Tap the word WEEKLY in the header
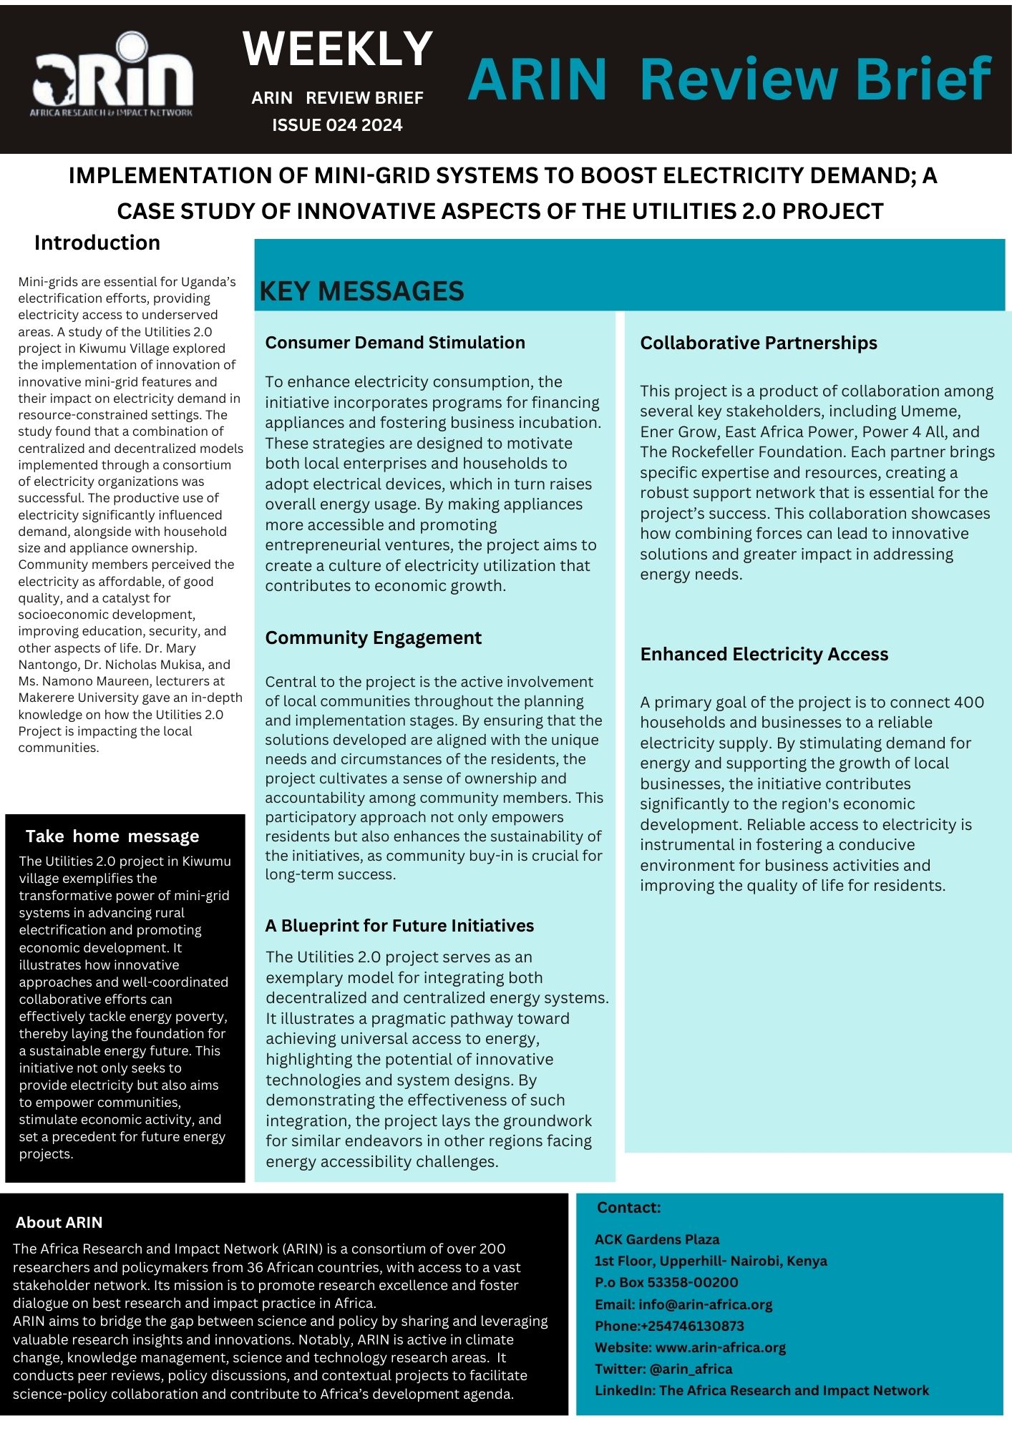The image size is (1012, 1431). coord(338,49)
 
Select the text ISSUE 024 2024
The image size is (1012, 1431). coord(337,125)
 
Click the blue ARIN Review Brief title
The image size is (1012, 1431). coord(729,79)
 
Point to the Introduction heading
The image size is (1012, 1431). coord(97,243)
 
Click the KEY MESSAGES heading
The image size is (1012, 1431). coord(361,291)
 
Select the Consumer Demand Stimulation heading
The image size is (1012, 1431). coord(395,343)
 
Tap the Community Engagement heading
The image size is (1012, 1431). coord(373,638)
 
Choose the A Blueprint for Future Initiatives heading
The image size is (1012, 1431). coord(399,925)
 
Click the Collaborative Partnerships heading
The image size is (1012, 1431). coord(759,343)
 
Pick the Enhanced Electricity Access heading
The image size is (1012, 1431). coord(764,654)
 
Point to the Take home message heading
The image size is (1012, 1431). coord(112,836)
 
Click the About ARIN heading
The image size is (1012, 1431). coord(59,1222)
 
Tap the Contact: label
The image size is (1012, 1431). coord(629,1208)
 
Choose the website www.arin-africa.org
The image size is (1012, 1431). coord(720,1347)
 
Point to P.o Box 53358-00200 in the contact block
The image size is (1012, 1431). coord(666,1282)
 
